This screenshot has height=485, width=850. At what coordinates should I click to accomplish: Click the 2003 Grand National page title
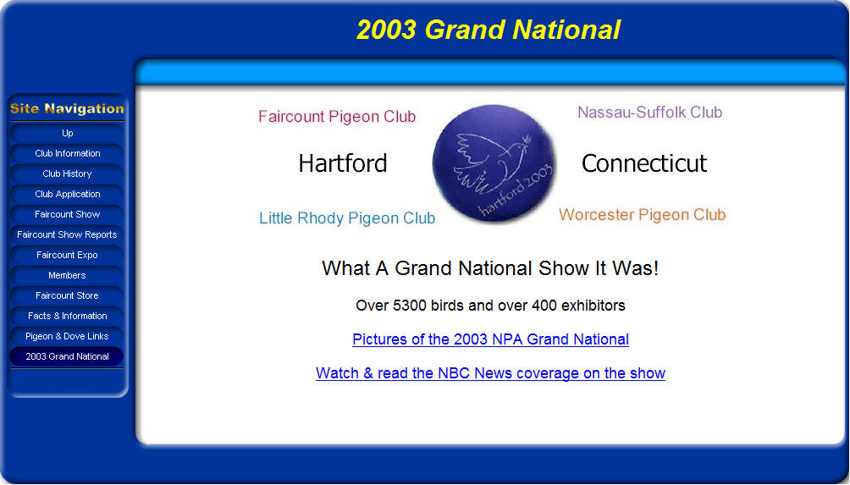point(488,30)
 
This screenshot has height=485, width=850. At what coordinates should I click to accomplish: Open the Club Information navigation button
point(67,153)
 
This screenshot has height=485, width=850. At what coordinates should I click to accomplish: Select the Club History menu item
point(67,174)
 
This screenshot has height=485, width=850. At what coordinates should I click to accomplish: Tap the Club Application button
point(67,194)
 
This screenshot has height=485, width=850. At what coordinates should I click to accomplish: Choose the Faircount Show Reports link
point(67,234)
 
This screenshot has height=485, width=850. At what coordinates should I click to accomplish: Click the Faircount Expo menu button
point(67,256)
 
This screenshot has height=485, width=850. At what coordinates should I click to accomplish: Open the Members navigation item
point(67,275)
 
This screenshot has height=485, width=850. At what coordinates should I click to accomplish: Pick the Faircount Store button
point(67,296)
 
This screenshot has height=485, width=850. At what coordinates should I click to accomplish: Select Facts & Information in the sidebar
point(67,316)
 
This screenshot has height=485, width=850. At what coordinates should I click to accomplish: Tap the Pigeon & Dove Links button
point(67,337)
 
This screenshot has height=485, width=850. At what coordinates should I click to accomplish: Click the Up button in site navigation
point(67,133)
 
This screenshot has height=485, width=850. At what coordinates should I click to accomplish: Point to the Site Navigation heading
point(67,109)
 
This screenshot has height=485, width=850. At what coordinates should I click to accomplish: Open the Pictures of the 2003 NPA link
point(490,339)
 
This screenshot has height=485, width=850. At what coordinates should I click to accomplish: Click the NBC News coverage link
point(490,373)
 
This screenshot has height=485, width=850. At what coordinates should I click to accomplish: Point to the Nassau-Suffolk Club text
point(650,113)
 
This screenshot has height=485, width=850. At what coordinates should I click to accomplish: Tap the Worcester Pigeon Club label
point(643,215)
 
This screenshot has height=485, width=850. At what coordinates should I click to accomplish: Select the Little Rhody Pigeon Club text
point(347,218)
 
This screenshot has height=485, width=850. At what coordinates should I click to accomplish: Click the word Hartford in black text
point(343,163)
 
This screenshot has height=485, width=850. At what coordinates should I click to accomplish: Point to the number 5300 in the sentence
point(409,306)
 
